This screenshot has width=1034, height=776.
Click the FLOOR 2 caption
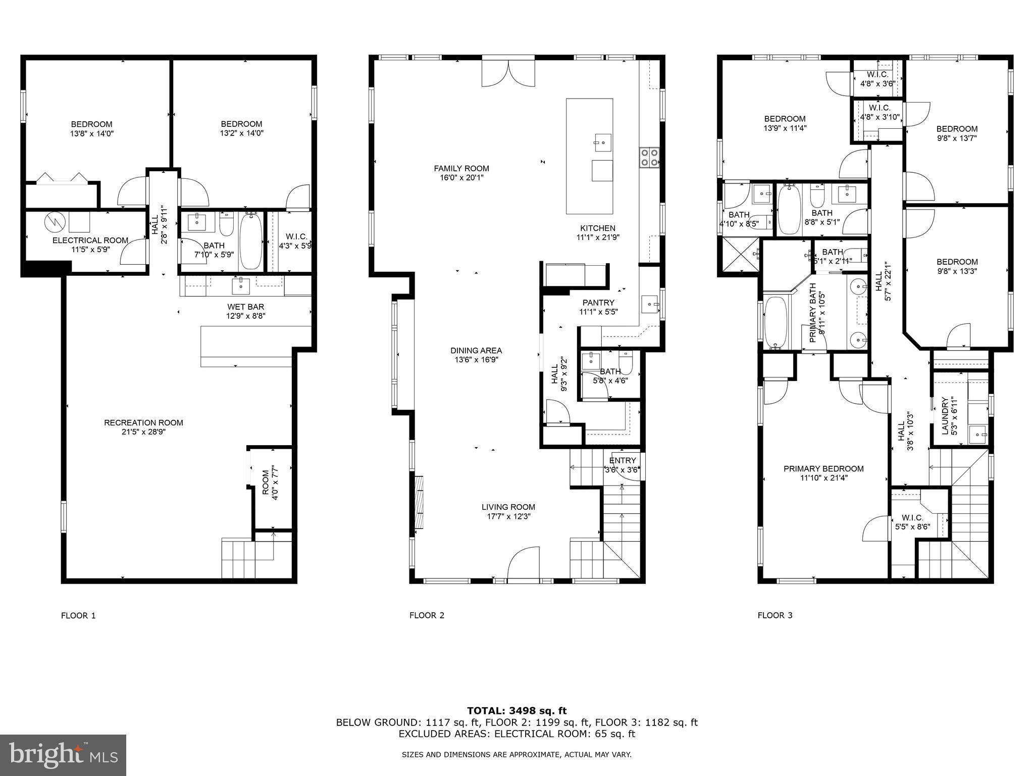(427, 615)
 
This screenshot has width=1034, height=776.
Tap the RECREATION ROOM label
(143, 423)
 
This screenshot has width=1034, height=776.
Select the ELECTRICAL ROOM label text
(90, 240)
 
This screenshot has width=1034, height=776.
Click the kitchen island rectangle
(589, 156)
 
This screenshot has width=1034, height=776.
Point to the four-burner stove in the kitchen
(649, 157)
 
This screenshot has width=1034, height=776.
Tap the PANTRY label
(598, 303)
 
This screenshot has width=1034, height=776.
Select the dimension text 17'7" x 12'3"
(508, 517)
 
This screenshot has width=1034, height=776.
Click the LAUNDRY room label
(945, 416)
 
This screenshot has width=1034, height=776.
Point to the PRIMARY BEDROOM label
(823, 469)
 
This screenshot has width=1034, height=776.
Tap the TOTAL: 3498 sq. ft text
(516, 711)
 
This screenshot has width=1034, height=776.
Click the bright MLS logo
(63, 755)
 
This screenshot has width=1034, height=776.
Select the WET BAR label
(245, 307)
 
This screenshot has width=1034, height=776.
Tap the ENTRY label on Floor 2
(623, 461)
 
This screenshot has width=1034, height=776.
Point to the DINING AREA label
(476, 351)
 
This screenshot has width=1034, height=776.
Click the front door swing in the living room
(524, 565)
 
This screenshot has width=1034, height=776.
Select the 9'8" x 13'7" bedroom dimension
(957, 138)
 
